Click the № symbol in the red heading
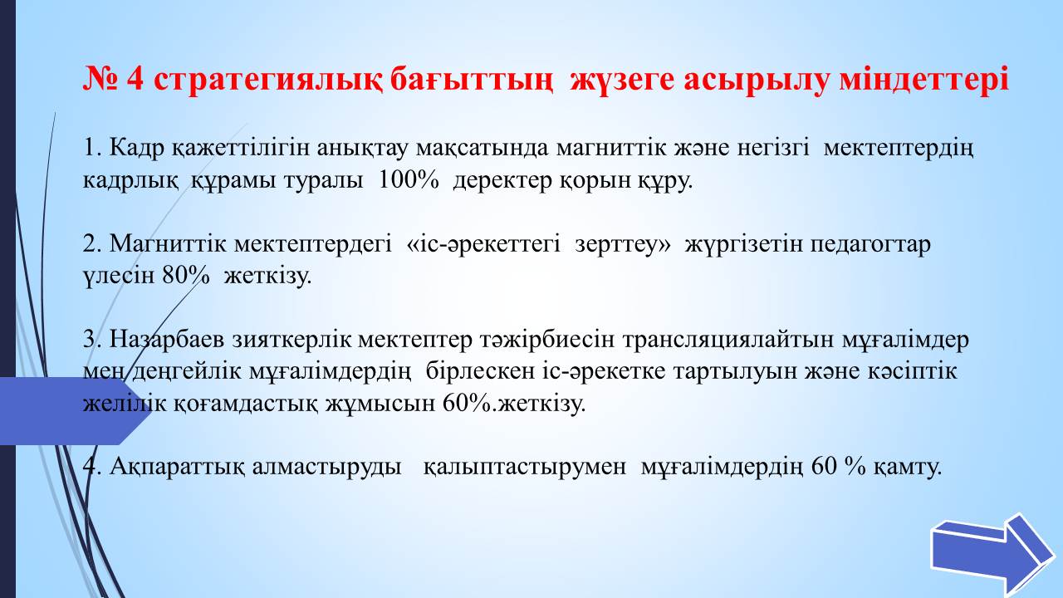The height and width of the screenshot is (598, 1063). [100, 79]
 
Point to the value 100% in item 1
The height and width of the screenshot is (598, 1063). [409, 180]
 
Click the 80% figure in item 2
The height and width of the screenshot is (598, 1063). [185, 275]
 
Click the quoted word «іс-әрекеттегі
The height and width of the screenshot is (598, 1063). [483, 244]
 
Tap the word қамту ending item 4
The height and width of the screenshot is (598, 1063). [908, 468]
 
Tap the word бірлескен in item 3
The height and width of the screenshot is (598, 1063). [480, 371]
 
